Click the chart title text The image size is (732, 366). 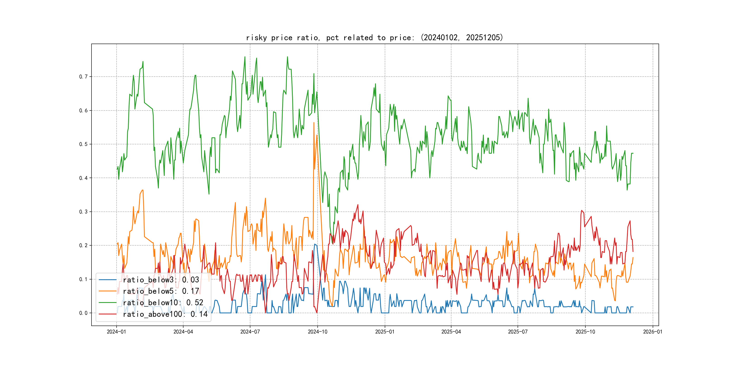(374, 38)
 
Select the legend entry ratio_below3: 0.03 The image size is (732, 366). (161, 280)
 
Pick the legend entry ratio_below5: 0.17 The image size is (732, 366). (161, 291)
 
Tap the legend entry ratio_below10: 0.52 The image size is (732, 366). (163, 303)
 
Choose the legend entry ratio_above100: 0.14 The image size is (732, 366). (165, 314)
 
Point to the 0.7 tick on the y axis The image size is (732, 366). (83, 77)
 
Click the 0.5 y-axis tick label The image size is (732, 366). (83, 144)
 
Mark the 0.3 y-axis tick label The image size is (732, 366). (83, 212)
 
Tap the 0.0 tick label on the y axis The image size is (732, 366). (83, 313)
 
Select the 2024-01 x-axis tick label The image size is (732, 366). (116, 332)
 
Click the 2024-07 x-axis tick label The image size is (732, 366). (250, 332)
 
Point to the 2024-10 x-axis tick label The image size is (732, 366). (317, 332)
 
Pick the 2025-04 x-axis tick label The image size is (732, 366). (451, 332)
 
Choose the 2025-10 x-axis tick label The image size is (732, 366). (585, 332)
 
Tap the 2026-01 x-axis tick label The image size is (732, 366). (652, 332)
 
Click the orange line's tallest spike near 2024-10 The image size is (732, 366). (314, 123)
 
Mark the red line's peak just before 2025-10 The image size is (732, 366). (582, 211)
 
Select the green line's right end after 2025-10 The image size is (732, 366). (633, 153)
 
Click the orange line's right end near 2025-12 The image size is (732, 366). (633, 258)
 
